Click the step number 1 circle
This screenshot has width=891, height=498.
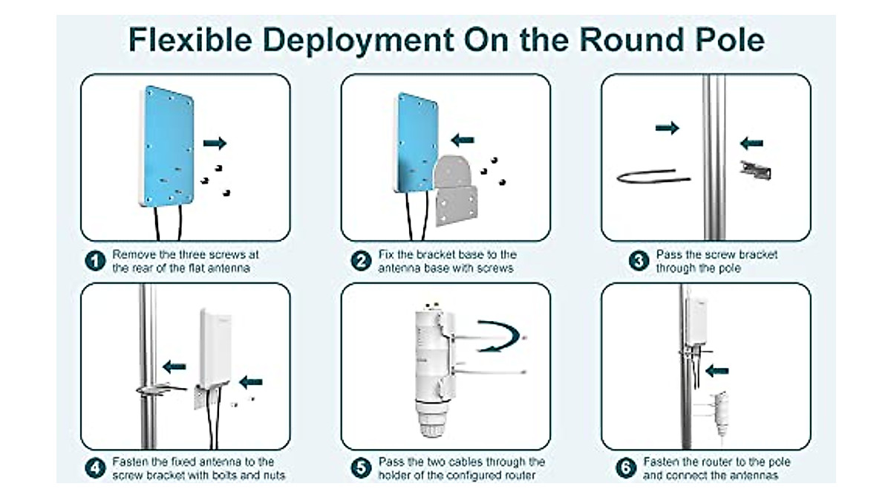click(94, 261)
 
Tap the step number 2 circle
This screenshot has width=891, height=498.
click(361, 261)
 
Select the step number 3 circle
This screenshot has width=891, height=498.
click(639, 261)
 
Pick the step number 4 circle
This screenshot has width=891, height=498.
click(94, 468)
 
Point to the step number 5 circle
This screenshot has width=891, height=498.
click(361, 468)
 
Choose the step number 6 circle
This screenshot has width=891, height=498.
click(626, 468)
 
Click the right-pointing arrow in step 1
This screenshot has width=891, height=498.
click(215, 143)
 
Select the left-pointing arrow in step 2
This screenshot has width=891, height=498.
click(463, 139)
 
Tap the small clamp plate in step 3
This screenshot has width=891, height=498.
click(755, 170)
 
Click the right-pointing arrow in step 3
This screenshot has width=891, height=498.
click(667, 128)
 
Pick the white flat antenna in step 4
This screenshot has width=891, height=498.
click(216, 349)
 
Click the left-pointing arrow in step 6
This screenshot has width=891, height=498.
click(717, 369)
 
